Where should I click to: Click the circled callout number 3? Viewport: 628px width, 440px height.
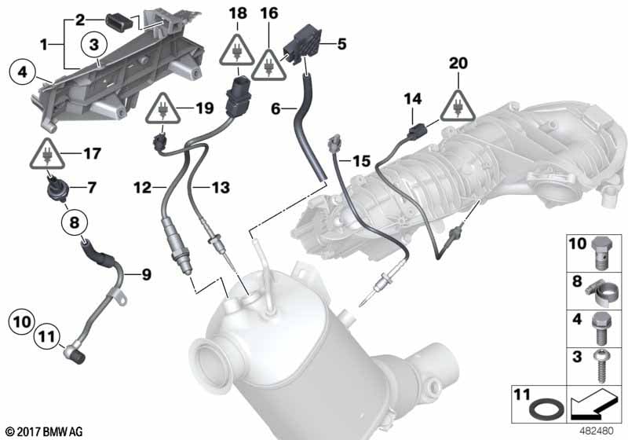pos(93,45)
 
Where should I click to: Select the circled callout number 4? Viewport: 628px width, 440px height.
pos(23,72)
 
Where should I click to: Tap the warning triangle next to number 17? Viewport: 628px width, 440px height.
pos(47,154)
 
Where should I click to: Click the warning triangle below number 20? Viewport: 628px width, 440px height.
pos(458,106)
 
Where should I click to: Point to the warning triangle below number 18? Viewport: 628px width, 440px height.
pos(237,50)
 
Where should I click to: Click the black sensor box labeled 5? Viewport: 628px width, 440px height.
pos(304,45)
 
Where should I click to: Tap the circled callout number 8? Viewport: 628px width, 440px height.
pos(75,222)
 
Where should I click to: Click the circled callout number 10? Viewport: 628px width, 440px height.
pos(22,322)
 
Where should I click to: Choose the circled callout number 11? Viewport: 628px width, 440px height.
pos(47,335)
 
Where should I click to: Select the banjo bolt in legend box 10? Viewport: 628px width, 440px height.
pos(600,251)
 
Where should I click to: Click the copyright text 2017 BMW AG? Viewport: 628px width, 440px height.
pos(45,432)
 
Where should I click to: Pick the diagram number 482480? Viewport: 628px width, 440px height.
pos(597,431)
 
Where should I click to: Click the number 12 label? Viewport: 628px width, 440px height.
pos(143,188)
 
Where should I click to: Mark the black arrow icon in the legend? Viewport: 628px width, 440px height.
pos(594,403)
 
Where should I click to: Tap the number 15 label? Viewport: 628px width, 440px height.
pos(362,161)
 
